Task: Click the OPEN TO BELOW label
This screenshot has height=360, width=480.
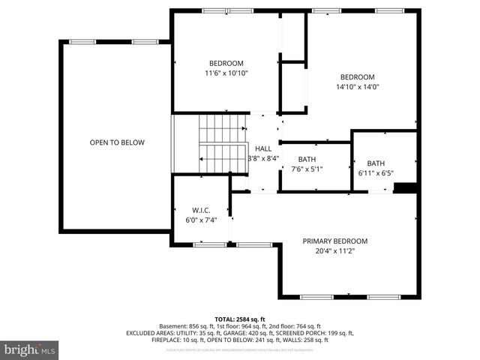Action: point(117,142)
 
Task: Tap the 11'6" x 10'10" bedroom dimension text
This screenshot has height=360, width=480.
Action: point(226,73)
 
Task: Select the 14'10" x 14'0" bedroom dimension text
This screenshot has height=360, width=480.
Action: point(357,87)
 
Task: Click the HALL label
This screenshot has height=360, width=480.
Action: point(262,148)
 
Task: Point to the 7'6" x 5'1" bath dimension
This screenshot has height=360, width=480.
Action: point(307,169)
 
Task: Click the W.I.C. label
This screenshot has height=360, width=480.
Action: point(199,210)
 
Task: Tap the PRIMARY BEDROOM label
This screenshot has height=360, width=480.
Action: point(335,241)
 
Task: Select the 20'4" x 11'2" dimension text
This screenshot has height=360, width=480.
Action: point(335,251)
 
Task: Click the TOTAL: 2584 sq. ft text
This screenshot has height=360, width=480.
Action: point(240,319)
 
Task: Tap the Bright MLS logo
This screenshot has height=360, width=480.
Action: point(30,349)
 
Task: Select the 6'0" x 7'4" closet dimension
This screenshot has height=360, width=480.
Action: point(199,220)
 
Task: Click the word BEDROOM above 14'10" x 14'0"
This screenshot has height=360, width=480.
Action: point(357,77)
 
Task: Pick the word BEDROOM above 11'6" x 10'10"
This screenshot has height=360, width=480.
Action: point(226,63)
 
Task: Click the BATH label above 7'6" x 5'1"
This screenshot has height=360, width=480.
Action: point(307,159)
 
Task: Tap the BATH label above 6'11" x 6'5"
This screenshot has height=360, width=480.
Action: point(376,163)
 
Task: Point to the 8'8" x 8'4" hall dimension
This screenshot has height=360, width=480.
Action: point(263,158)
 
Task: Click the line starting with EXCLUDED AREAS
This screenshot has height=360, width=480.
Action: point(240,333)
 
